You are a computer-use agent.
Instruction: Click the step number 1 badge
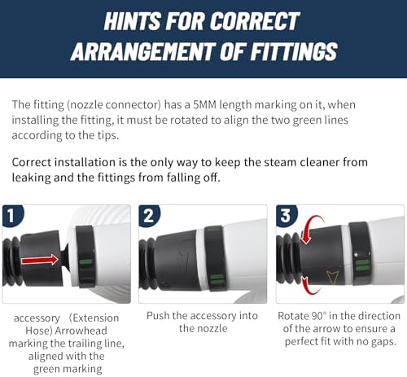tap(11, 216)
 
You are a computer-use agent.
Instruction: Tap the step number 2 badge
tap(149, 216)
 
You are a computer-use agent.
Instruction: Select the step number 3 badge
tap(286, 216)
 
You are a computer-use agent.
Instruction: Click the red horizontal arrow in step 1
tap(40, 260)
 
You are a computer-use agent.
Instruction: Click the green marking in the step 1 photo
tap(85, 262)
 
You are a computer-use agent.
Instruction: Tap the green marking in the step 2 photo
tap(217, 279)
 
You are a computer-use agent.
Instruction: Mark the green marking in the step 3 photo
tap(362, 265)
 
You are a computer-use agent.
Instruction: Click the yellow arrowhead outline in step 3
tap(332, 277)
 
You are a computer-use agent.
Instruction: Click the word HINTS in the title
tap(133, 21)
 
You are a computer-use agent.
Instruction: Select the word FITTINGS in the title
tap(294, 51)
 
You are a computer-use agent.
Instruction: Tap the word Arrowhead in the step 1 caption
tap(81, 331)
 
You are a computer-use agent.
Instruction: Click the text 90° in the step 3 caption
tap(318, 316)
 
